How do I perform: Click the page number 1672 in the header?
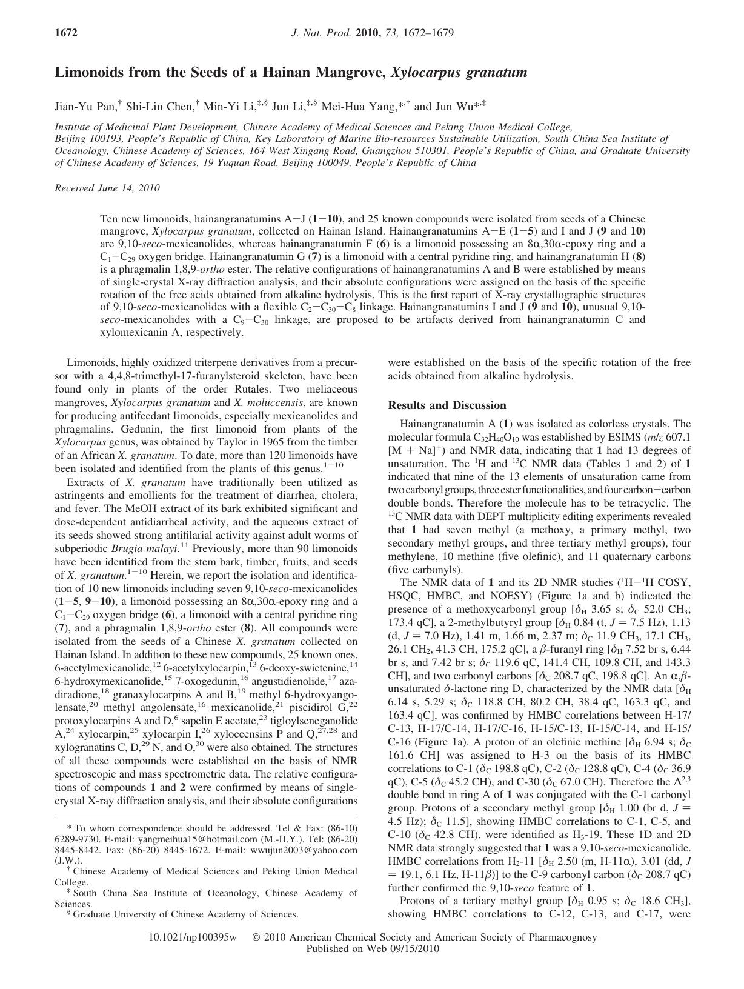[66, 33]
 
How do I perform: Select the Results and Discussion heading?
[447, 405]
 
